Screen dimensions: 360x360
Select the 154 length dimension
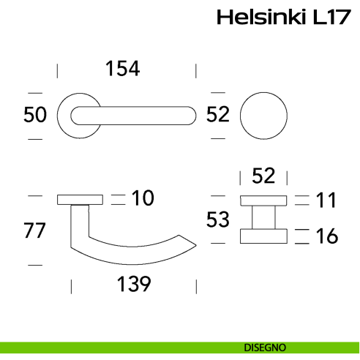coord(122,69)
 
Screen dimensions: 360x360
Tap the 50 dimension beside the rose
coord(35,115)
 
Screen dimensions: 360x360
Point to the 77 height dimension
coord(35,230)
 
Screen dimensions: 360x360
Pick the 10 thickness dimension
coord(143,198)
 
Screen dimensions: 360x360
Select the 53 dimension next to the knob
coord(219,219)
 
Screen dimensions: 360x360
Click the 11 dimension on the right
coord(326,199)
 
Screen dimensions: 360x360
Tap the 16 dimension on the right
coord(326,236)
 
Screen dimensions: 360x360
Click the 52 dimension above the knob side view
coord(263,176)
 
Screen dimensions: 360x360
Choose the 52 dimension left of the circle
coord(218,114)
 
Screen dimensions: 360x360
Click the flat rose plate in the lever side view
coord(80,198)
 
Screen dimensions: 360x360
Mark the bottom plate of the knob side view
coord(263,235)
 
